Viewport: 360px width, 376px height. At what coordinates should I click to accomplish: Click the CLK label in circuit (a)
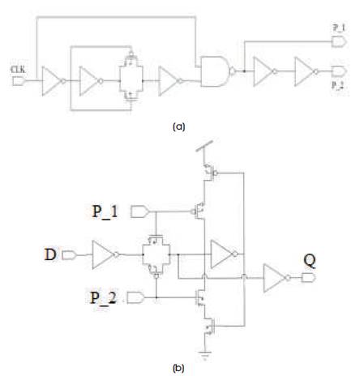pos(18,70)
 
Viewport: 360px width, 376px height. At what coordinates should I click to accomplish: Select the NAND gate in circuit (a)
pos(217,71)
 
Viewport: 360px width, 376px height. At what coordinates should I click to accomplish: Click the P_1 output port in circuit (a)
pos(339,42)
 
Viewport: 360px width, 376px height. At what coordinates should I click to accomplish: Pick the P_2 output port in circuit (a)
pos(339,71)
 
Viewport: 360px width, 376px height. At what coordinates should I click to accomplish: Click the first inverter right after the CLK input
pos(54,81)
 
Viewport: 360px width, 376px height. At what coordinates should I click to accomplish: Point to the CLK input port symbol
pos(19,81)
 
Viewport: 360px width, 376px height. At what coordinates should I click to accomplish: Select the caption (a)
pos(178,126)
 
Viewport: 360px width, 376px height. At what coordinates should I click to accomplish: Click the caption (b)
pos(178,368)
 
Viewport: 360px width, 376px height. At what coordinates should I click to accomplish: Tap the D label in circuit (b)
pos(50,254)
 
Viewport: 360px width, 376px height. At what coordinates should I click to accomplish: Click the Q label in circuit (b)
pos(310,261)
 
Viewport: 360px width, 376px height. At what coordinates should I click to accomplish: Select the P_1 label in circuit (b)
pos(105,211)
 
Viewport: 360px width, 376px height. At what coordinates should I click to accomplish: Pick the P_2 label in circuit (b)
pos(103,297)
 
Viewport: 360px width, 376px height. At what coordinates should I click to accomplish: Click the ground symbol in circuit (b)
pos(205,355)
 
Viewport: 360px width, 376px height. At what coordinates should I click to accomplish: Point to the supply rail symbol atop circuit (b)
pos(204,146)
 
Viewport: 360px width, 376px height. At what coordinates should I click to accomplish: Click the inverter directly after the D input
pos(105,254)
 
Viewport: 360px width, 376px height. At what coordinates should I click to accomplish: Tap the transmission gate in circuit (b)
pos(156,255)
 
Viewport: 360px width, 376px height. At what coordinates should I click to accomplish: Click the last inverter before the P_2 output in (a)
pos(306,71)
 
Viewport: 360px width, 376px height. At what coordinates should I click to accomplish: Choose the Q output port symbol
pos(308,278)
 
